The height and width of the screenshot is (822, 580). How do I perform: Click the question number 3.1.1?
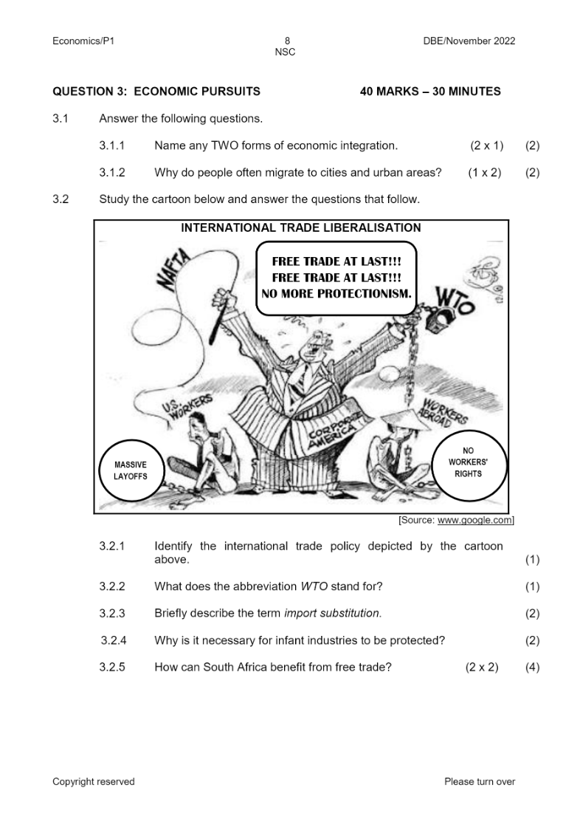tap(111, 146)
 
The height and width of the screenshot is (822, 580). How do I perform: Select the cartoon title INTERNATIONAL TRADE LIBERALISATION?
tap(301, 228)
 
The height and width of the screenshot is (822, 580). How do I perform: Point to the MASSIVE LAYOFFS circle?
tap(130, 470)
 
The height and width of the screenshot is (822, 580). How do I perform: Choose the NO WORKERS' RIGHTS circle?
tap(468, 462)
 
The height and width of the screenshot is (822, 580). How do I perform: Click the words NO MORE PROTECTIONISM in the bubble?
tap(336, 294)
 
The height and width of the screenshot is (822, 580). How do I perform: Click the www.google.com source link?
tap(474, 521)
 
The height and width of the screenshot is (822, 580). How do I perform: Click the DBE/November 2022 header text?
tap(469, 41)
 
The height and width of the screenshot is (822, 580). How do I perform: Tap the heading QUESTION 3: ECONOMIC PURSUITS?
tap(156, 92)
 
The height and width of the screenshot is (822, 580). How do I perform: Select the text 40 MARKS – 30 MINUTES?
tap(430, 92)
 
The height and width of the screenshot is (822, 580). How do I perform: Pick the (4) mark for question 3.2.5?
tap(532, 667)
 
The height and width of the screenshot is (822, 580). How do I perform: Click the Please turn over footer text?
tap(480, 781)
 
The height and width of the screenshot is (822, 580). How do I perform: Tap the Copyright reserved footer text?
tap(94, 781)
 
